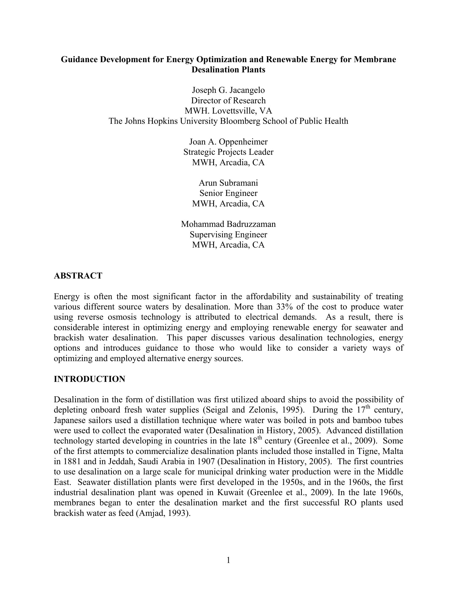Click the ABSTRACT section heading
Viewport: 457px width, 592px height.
click(x=78, y=276)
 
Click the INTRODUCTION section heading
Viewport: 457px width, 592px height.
click(x=89, y=379)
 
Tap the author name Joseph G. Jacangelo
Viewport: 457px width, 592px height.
click(x=228, y=90)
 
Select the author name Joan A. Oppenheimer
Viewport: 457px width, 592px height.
click(x=228, y=142)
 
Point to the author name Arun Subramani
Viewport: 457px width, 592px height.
click(x=228, y=183)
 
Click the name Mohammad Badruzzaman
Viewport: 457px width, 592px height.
click(x=228, y=224)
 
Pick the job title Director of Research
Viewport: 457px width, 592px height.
click(x=228, y=101)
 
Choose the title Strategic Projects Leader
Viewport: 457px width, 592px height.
click(x=228, y=152)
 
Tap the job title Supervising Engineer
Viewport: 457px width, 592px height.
click(x=228, y=234)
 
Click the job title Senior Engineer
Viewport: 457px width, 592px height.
click(x=228, y=193)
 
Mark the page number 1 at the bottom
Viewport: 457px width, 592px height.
click(x=228, y=560)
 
